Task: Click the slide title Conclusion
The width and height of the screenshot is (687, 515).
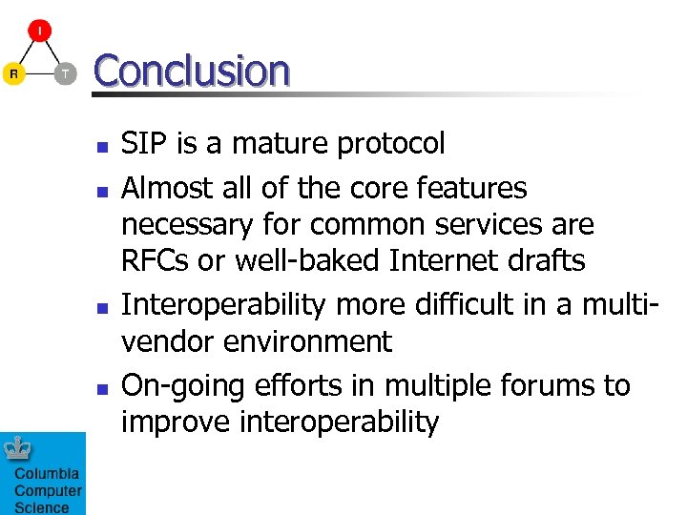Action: [191, 71]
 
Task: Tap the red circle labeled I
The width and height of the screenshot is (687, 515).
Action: [39, 31]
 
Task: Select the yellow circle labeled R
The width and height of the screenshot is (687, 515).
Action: [13, 73]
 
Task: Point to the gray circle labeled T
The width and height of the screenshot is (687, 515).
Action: [64, 73]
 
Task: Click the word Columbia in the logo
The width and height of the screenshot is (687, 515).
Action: [46, 474]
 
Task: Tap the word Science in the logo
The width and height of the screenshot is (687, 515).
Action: [41, 507]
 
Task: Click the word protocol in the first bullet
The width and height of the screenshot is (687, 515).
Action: [390, 144]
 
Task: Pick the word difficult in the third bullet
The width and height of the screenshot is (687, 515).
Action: [469, 305]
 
